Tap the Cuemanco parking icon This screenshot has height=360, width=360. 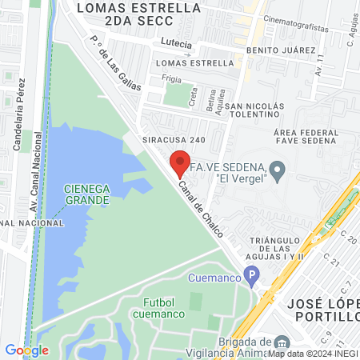[252, 278]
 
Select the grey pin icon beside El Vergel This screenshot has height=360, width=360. [278, 170]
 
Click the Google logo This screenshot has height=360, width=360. [26, 350]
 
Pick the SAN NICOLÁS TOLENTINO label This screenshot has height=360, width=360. [254, 112]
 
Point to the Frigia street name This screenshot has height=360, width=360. [171, 78]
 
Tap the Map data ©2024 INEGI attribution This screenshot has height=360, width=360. [312, 353]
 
